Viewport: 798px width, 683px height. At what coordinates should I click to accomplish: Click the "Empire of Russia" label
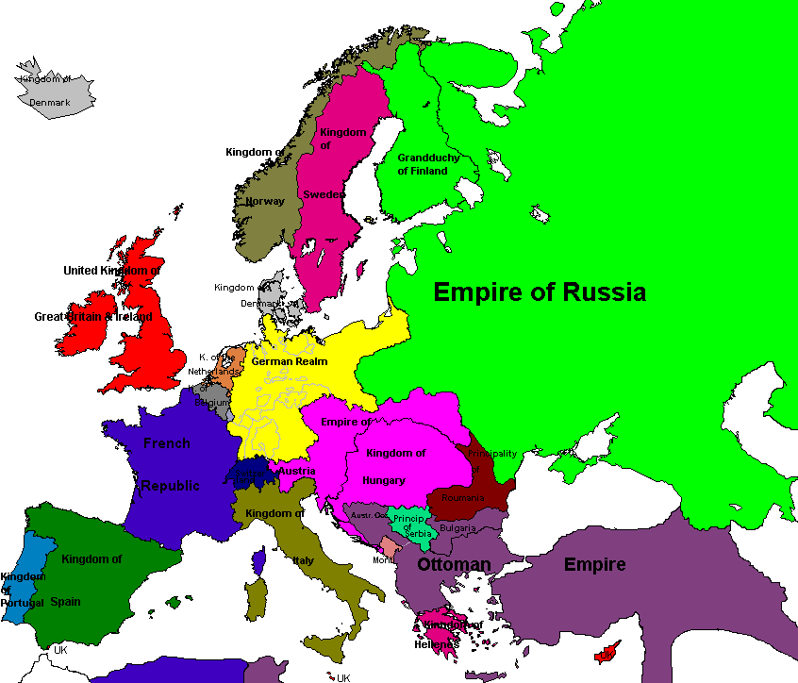click(x=540, y=292)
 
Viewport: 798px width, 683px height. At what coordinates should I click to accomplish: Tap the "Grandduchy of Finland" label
click(x=428, y=164)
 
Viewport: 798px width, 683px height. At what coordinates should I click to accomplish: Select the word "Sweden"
click(x=323, y=194)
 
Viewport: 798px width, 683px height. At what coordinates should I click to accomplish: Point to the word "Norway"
click(x=265, y=201)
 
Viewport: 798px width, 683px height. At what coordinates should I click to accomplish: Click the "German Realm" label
click(x=290, y=361)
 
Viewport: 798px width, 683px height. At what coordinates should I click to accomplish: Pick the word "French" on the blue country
click(x=167, y=443)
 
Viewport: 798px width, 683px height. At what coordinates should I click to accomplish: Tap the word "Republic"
click(x=171, y=486)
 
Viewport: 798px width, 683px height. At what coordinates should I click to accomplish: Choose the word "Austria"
click(x=296, y=471)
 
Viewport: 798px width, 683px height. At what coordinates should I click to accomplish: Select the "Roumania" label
click(x=462, y=498)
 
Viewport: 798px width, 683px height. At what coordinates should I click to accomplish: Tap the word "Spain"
click(x=65, y=601)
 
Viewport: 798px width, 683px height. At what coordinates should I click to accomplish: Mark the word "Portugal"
click(x=23, y=603)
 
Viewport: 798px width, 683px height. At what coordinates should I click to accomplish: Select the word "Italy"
click(x=303, y=560)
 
